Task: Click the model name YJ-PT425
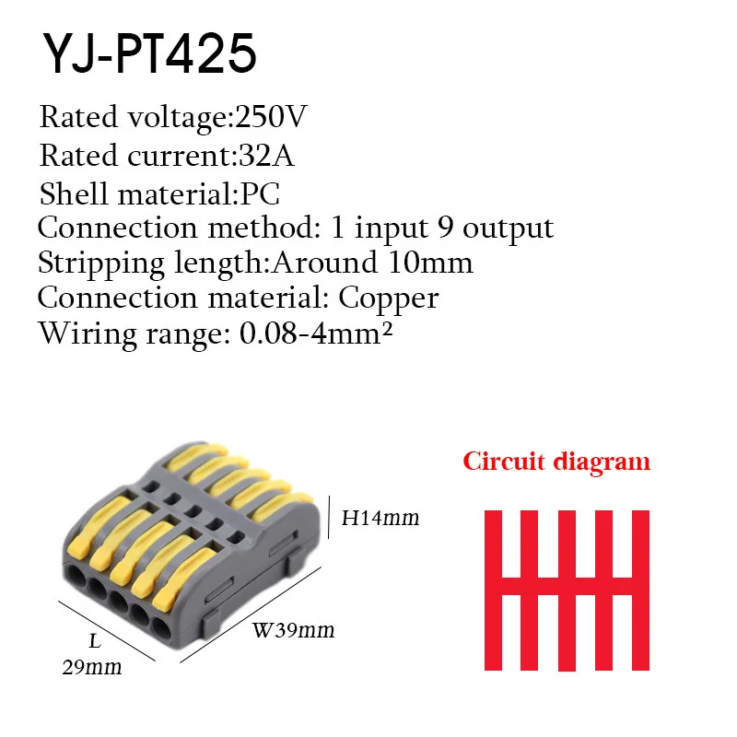pos(147,54)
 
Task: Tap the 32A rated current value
pos(266,157)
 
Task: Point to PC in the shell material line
pos(260,194)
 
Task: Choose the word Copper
pos(389,298)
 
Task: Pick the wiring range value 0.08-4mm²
pos(316,333)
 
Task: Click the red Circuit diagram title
pos(556,461)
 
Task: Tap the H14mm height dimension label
pos(380,519)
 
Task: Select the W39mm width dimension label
pos(293,631)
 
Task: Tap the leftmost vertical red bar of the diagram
pos(493,590)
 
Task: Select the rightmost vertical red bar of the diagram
pos(641,590)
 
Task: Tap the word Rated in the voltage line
pos(79,118)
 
